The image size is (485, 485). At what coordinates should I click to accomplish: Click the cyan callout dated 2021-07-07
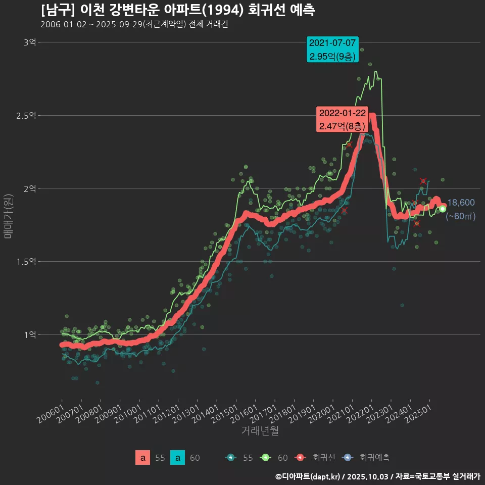coord(332,50)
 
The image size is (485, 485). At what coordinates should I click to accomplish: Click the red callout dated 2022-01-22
coord(341,119)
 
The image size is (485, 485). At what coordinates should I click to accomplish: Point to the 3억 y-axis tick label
coord(30,42)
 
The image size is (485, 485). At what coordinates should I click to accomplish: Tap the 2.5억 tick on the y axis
coord(26,116)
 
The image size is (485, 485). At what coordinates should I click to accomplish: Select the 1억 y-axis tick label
coord(30,334)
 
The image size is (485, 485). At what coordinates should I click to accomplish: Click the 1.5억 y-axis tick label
coord(26,262)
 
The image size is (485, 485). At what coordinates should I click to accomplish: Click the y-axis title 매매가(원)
coord(8,216)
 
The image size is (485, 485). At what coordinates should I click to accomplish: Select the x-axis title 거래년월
coord(260,431)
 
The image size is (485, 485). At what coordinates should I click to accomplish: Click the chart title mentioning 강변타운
coord(178,10)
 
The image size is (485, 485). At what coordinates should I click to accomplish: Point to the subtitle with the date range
coord(134,25)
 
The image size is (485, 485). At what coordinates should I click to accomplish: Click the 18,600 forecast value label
coord(461,203)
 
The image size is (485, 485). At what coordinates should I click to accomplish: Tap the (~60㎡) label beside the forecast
coord(461,216)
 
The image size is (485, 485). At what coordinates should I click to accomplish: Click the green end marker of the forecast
coord(443,209)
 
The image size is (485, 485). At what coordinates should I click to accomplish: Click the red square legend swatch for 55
coord(143,458)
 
